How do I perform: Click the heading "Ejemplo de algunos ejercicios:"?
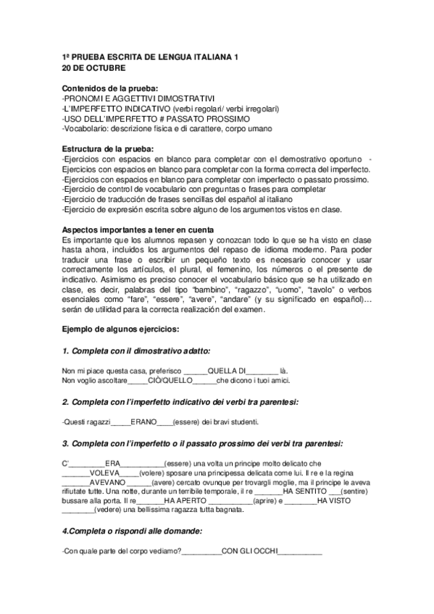point(121,329)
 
